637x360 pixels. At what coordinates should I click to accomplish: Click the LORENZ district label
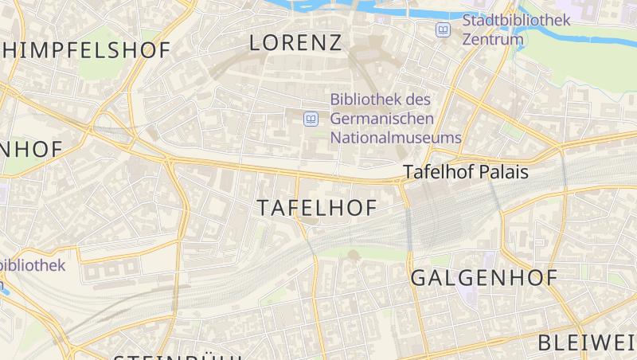coord(295,43)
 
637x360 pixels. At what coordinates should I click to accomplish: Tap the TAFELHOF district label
coord(317,209)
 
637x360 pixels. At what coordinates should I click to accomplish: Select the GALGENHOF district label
coord(483,278)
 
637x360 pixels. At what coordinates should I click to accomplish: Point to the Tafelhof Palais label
coord(466,171)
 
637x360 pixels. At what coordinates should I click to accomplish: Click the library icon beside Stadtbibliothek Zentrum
coord(443,29)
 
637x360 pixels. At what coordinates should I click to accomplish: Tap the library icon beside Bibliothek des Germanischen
coord(311,119)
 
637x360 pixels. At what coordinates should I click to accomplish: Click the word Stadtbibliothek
coord(515,21)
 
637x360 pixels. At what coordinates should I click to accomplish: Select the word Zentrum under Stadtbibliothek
coord(493,39)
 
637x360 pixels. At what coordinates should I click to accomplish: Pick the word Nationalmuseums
coord(396,137)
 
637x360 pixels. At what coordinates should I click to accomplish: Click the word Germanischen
coord(382,119)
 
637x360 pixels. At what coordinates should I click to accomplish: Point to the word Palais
coord(506,171)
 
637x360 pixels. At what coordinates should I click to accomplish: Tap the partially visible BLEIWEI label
coord(587,343)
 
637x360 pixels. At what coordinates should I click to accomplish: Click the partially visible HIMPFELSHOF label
coord(85,50)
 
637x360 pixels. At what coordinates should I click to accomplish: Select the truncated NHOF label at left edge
coord(31,149)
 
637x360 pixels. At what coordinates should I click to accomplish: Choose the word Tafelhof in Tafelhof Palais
coord(440,171)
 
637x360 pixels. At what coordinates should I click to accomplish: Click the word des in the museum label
coord(419,100)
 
